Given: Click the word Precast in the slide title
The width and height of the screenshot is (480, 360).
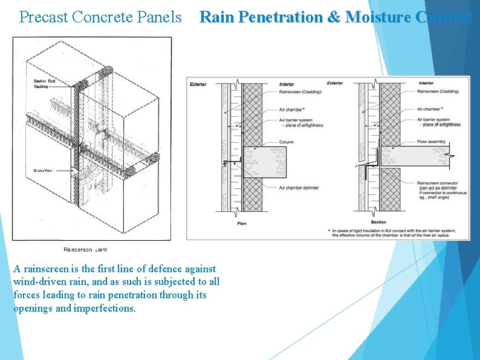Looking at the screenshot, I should pyautogui.click(x=43, y=17).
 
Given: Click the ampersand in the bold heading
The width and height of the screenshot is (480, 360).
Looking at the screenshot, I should pyautogui.click(x=333, y=17).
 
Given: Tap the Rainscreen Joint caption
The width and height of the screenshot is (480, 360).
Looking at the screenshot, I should pyautogui.click(x=86, y=249).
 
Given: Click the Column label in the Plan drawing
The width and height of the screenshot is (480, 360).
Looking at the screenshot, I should pyautogui.click(x=287, y=142).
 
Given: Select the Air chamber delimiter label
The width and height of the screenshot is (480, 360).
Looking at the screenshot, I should pyautogui.click(x=299, y=188).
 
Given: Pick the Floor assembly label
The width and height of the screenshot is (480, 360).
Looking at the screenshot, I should pyautogui.click(x=432, y=142).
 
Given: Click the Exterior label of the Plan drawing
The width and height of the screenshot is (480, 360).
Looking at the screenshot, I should pyautogui.click(x=198, y=83).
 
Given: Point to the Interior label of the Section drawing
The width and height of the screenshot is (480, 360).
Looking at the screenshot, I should pyautogui.click(x=426, y=83).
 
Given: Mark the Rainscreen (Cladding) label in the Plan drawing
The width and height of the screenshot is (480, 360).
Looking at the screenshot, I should pyautogui.click(x=300, y=91).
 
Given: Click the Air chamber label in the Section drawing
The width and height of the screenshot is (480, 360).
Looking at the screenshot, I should pyautogui.click(x=429, y=109).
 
